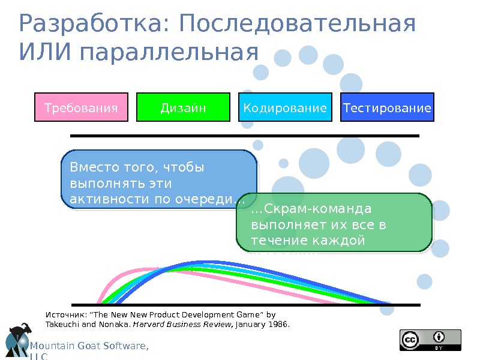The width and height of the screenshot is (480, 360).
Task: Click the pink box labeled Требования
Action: [82, 107]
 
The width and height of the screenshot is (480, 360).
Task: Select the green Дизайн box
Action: [184, 107]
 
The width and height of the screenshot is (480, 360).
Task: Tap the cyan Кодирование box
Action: [286, 107]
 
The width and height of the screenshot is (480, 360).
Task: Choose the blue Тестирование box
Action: [387, 107]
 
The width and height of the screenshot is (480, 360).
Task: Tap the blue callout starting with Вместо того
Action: [159, 180]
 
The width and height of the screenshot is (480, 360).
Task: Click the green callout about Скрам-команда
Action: [334, 223]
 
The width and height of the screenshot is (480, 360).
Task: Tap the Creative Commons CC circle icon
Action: [410, 340]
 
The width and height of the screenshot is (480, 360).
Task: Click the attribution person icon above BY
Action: [440, 337]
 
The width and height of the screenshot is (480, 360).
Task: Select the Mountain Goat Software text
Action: [89, 346]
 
